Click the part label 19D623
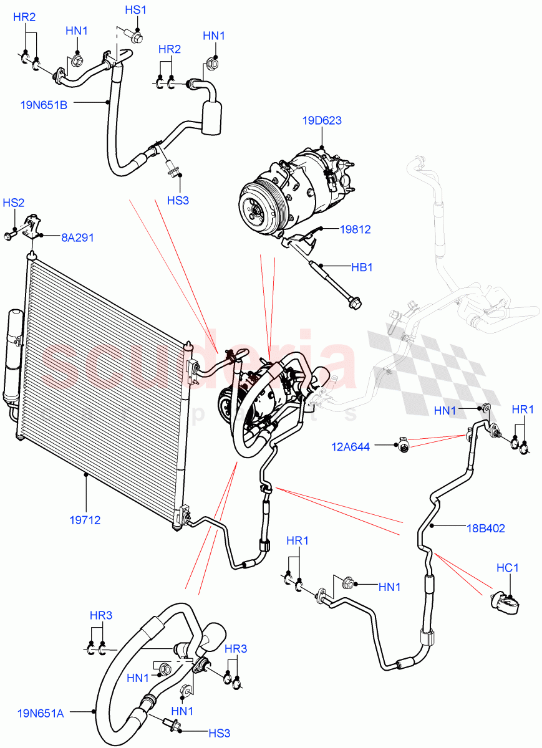click(x=322, y=120)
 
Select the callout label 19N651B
click(x=44, y=105)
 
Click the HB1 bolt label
click(x=361, y=267)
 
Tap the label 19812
click(x=355, y=229)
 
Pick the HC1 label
click(x=508, y=568)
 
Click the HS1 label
click(x=135, y=10)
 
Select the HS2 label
click(x=14, y=203)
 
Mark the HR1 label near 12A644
click(x=523, y=410)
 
